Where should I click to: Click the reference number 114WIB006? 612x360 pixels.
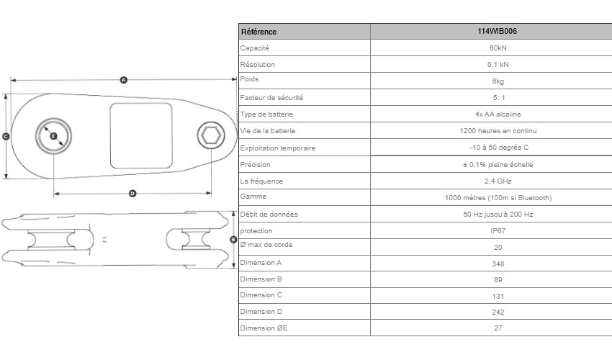(x=497, y=31)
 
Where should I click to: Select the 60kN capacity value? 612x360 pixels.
(x=498, y=48)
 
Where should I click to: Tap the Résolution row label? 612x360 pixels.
(x=257, y=64)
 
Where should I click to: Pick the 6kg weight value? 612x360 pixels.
(x=498, y=81)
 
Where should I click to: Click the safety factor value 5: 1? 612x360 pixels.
(x=498, y=98)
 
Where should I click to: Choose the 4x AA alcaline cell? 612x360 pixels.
(x=498, y=114)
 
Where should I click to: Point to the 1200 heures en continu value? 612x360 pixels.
(x=498, y=131)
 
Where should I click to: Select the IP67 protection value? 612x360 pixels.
(x=498, y=230)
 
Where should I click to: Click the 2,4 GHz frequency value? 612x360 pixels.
(x=498, y=181)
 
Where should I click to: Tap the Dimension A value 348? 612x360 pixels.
(x=498, y=264)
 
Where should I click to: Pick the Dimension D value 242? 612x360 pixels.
(x=498, y=312)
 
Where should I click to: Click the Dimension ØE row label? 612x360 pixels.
(x=264, y=328)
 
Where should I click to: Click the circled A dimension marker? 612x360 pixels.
(x=124, y=80)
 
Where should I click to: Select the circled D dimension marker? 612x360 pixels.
(x=132, y=193)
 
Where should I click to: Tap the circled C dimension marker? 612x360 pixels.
(x=6, y=137)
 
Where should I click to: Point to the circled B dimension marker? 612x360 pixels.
(x=233, y=240)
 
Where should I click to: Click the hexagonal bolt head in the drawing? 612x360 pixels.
(x=211, y=135)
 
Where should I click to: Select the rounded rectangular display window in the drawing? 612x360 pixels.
(x=141, y=136)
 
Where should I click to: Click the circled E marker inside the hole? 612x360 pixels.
(x=53, y=136)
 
